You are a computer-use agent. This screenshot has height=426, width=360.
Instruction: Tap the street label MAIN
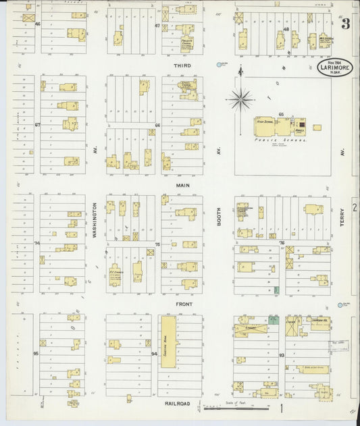[182, 185]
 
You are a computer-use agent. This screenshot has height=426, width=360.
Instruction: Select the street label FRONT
[184, 304]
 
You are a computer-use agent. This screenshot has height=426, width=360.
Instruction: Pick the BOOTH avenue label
[219, 229]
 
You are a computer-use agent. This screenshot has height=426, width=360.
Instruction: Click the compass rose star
[240, 101]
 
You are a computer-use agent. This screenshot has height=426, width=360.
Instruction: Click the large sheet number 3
[345, 25]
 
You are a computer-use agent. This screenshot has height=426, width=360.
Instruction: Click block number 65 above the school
[281, 114]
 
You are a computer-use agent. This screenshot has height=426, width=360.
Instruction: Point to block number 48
[286, 30]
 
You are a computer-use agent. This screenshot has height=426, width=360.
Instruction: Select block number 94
[155, 353]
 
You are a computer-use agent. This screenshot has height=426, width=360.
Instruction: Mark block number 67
[38, 125]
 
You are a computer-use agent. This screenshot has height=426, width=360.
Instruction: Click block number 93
[281, 353]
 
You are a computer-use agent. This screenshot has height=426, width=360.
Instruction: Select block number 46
[38, 24]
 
